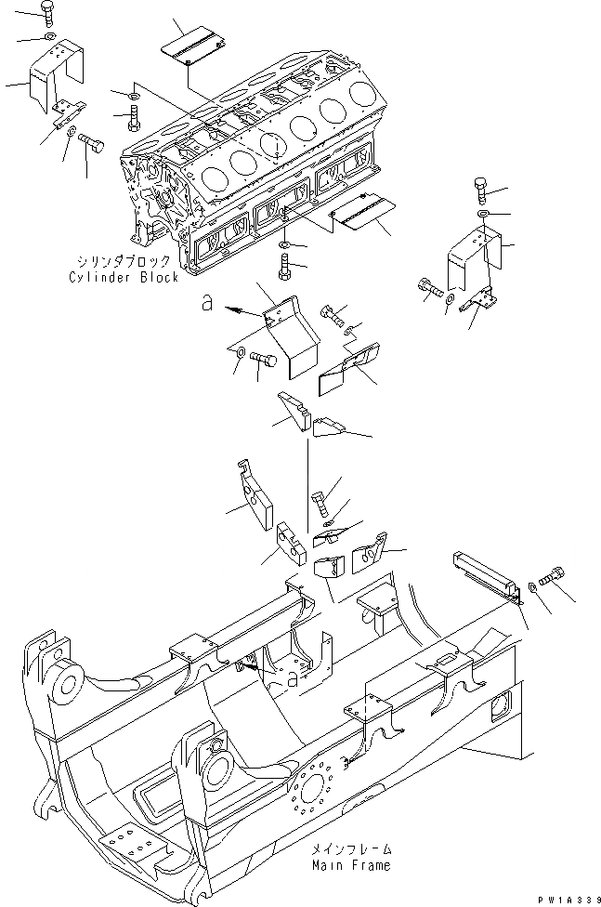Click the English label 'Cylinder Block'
124,278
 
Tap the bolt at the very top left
48,13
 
